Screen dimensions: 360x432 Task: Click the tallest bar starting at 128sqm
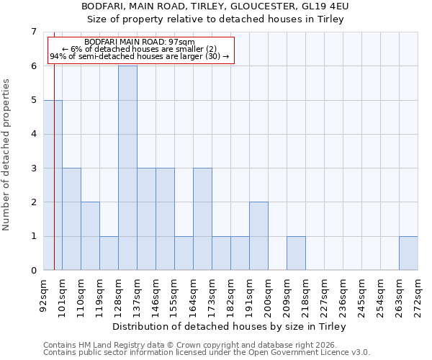point(127,168)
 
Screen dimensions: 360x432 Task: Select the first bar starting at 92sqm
point(53,185)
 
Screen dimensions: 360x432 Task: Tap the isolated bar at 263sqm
point(408,253)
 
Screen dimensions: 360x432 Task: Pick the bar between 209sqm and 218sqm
point(296,253)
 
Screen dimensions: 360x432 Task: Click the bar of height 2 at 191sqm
point(258,236)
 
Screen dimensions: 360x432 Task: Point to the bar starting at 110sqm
point(90,236)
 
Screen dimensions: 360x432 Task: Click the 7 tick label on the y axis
point(33,32)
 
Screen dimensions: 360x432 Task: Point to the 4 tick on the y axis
point(33,134)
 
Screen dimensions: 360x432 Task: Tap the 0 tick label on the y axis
point(33,271)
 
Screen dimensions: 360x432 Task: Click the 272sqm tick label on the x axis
point(418,295)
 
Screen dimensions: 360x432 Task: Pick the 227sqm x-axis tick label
point(325,295)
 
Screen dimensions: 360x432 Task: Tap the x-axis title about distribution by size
point(230,327)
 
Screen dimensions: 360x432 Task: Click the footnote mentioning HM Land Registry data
point(188,345)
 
